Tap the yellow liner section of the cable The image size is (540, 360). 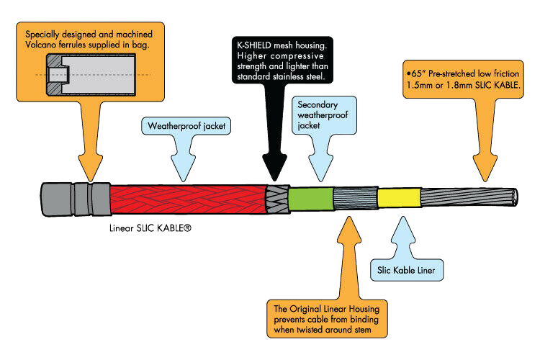point(398,197)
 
